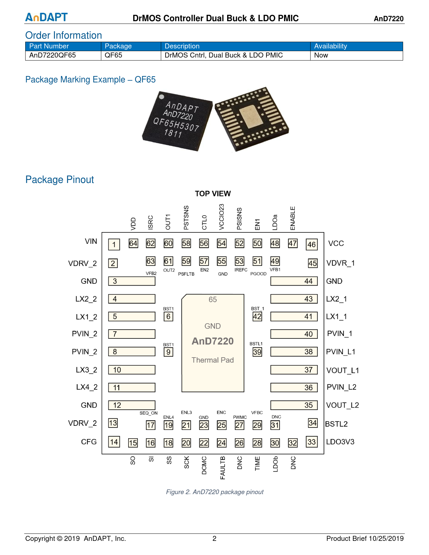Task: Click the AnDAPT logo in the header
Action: [x=46, y=17]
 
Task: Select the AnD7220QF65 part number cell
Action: [x=52, y=55]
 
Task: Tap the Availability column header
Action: [x=330, y=46]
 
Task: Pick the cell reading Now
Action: [x=321, y=55]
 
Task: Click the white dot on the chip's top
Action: [x=162, y=97]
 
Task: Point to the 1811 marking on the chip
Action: [x=173, y=133]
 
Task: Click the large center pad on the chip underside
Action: [x=251, y=116]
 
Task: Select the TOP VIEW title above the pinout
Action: [x=213, y=194]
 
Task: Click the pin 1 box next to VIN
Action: [x=114, y=245]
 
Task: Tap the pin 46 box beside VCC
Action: [x=312, y=245]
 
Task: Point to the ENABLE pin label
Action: [x=293, y=218]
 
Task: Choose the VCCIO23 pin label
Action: [x=221, y=217]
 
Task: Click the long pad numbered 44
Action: [x=294, y=281]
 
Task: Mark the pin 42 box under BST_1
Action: [x=257, y=317]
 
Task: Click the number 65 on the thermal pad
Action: [x=213, y=299]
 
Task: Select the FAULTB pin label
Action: [x=222, y=468]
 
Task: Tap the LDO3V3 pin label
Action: [x=340, y=442]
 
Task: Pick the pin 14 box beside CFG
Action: [x=114, y=442]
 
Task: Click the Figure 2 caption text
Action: [x=215, y=492]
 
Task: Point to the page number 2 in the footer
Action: [x=214, y=539]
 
